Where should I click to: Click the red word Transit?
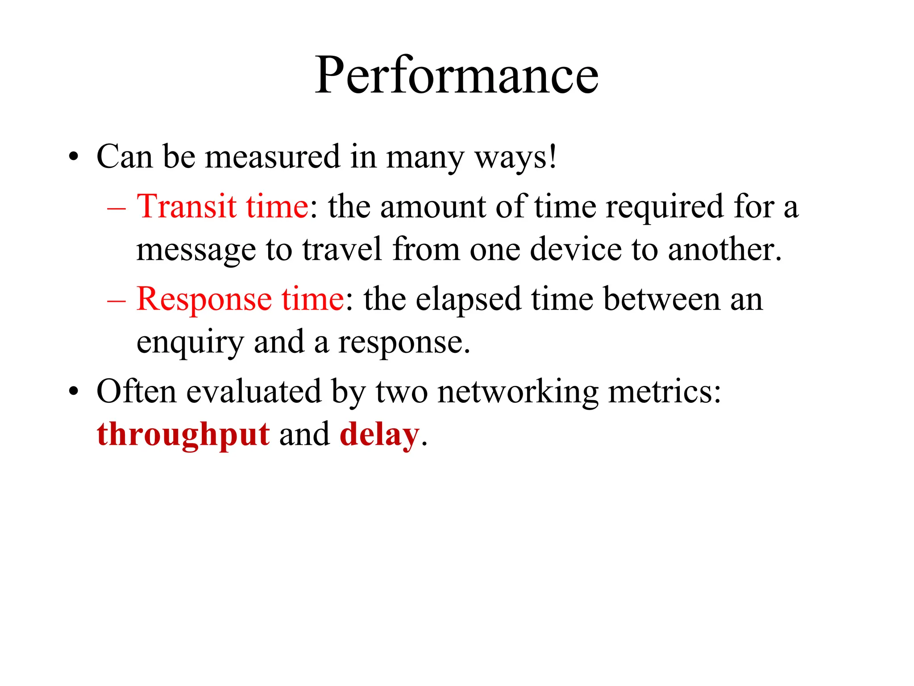(x=186, y=207)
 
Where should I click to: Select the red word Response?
(x=204, y=299)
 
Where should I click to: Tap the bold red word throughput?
(x=183, y=435)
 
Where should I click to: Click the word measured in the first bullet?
(x=272, y=157)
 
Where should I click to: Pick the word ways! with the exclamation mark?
(x=515, y=157)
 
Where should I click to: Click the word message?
(x=196, y=250)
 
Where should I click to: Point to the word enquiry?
(x=190, y=343)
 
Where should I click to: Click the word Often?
(x=136, y=391)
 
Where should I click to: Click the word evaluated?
(x=253, y=391)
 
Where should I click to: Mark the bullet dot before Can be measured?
(x=74, y=158)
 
